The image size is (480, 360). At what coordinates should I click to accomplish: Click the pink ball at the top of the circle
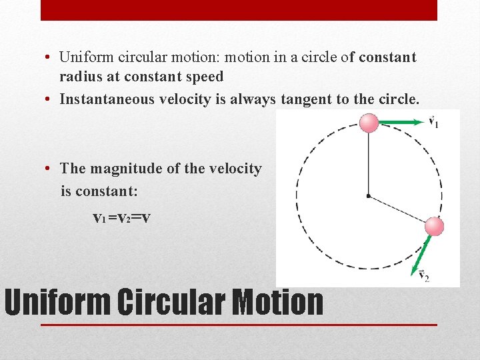coord(369,123)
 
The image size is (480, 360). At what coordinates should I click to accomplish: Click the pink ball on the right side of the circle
coord(434,226)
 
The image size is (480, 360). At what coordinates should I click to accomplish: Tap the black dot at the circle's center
coord(368,195)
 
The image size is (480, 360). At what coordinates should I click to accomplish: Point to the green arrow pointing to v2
coord(421,253)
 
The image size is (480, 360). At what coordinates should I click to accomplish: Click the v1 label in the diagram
coord(433,122)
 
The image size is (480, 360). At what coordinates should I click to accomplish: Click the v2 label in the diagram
coord(423,275)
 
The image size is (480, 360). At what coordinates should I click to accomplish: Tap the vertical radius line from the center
coord(369,163)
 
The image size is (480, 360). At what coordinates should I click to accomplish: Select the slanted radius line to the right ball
coord(398,209)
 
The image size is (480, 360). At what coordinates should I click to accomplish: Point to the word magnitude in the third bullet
coord(127,169)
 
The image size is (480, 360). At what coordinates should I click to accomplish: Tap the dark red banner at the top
coord(239,9)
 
